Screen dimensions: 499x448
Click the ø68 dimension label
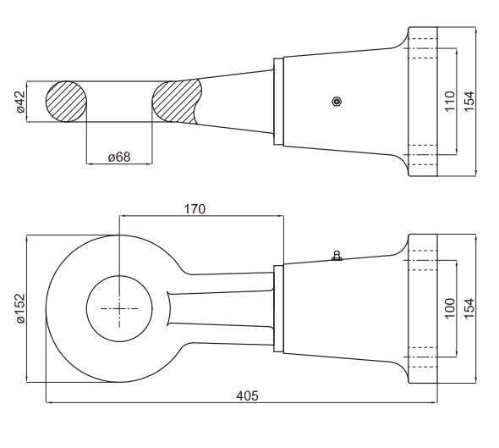(x=119, y=157)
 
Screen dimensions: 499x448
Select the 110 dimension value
(x=450, y=102)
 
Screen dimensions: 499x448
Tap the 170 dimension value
(x=195, y=209)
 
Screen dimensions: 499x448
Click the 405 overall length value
(x=247, y=395)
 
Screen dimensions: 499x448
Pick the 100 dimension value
(x=450, y=308)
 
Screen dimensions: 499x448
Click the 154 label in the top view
(x=469, y=102)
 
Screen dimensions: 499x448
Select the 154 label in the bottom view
(x=469, y=308)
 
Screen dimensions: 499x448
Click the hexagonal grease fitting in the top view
(x=337, y=102)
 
